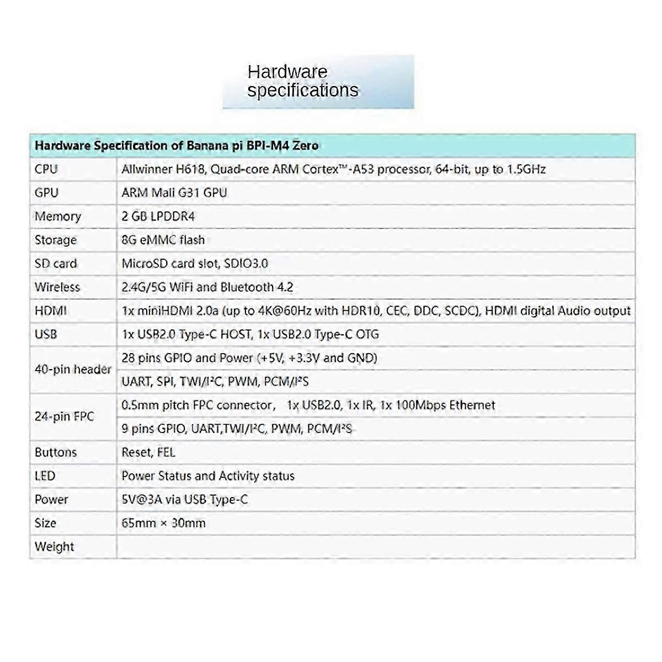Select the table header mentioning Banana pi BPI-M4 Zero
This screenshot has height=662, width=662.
(177, 146)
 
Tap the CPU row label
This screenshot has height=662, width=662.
(46, 169)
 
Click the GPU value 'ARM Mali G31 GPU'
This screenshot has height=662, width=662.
(174, 193)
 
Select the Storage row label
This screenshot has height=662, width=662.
(56, 240)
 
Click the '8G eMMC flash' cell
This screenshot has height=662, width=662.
(163, 240)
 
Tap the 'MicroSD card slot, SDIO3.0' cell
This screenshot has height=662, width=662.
(195, 264)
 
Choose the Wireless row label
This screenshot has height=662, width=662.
(57, 287)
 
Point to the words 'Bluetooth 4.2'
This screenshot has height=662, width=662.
(257, 287)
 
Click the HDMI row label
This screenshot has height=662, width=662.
(51, 311)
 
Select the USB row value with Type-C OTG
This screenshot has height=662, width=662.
(250, 334)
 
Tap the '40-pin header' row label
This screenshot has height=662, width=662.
(73, 370)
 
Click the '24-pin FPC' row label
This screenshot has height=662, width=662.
(65, 417)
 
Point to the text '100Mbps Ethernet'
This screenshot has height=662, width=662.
(445, 405)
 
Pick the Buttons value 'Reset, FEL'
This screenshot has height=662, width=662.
(148, 452)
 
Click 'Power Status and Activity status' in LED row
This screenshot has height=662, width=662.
(208, 476)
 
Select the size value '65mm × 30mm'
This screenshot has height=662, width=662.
(164, 523)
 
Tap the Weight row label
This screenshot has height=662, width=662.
(54, 547)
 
